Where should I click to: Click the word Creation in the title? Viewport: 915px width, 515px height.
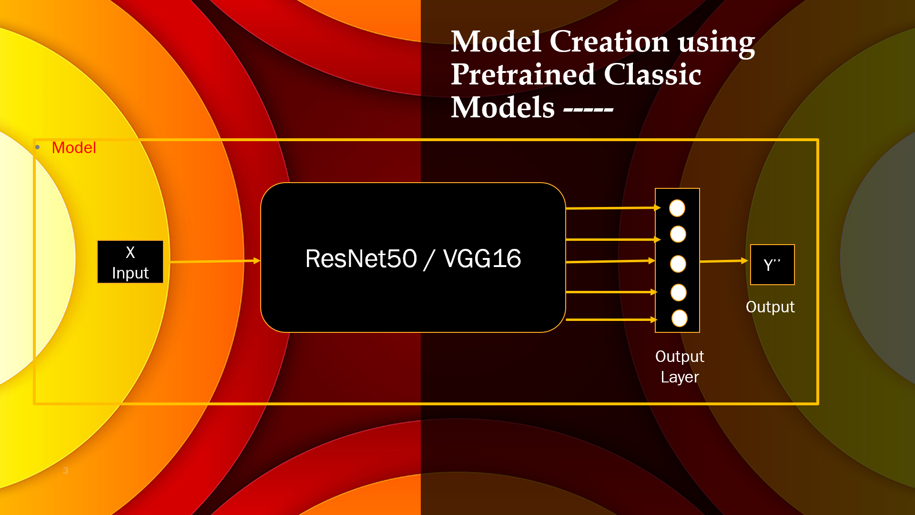tap(609, 41)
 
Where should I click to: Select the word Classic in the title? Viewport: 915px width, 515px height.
tap(652, 74)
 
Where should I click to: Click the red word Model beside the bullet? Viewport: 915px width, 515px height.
tap(74, 148)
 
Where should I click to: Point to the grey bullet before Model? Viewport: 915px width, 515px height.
tap(38, 147)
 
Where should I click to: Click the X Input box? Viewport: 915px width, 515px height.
tap(130, 262)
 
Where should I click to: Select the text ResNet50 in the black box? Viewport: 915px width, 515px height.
tap(361, 259)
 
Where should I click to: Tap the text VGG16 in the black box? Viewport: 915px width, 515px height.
tap(482, 259)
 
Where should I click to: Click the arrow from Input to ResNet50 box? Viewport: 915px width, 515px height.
tap(215, 261)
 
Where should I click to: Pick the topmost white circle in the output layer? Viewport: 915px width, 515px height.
tap(677, 208)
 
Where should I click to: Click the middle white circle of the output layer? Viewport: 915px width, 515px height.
tap(678, 264)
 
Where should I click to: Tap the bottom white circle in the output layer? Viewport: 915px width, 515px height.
tap(680, 319)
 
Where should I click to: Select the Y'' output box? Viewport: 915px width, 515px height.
tap(773, 265)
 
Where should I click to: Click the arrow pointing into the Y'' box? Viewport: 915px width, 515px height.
tap(724, 261)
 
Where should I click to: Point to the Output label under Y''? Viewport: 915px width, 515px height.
tap(770, 307)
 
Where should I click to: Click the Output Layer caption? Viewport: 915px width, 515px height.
tap(680, 367)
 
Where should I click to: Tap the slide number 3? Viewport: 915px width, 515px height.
tap(66, 471)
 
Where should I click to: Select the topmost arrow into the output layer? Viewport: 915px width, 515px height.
tap(613, 208)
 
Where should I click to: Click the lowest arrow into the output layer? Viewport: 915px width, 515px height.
tap(611, 319)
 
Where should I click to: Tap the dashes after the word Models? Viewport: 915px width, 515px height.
tap(588, 110)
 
